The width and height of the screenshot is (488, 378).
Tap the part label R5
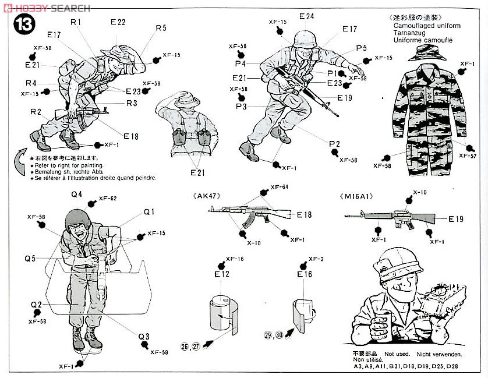point(161,27)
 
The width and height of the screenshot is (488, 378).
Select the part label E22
point(118,22)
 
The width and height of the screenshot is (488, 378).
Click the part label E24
point(306,16)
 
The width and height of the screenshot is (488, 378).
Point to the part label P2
point(334,143)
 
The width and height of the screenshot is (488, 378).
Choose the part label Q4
point(77,195)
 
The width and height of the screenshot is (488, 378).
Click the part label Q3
point(144,336)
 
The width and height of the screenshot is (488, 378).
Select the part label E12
point(222,274)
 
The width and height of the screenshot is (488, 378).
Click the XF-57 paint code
point(468,156)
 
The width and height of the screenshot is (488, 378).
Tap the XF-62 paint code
point(108,199)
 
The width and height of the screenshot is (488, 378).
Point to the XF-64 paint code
point(280,188)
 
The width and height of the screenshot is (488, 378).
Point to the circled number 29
point(268,335)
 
